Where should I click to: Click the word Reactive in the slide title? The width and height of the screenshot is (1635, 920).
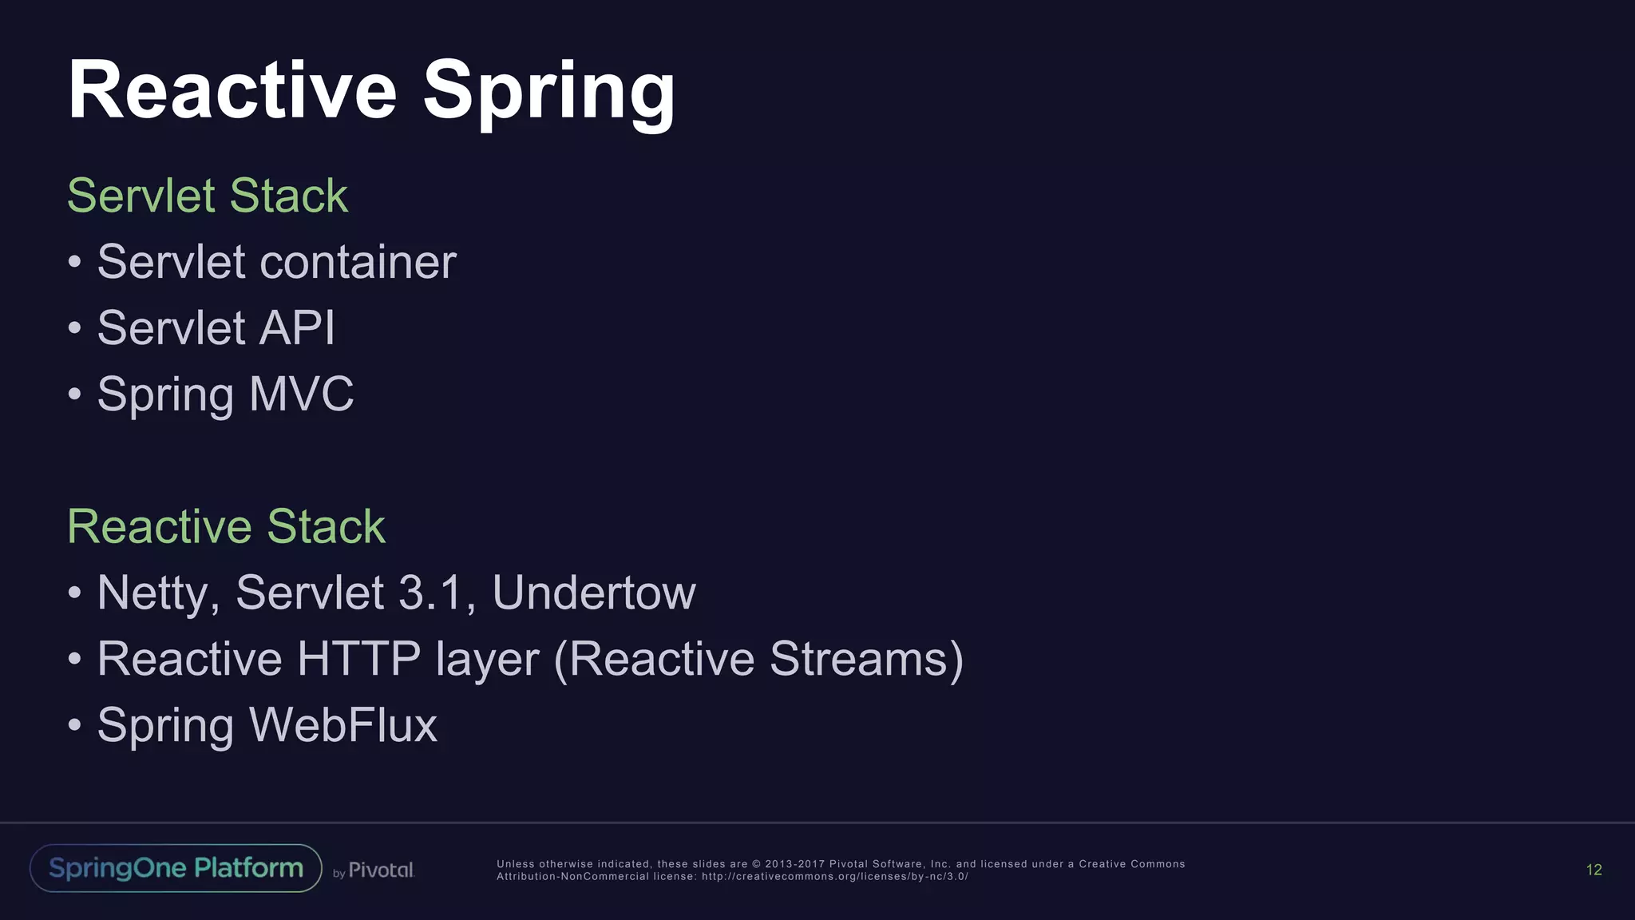[x=232, y=90]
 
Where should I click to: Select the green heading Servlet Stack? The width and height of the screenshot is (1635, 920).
[x=208, y=196]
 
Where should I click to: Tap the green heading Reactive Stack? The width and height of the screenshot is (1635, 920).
[x=226, y=526]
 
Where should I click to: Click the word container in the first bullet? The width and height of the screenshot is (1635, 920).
[x=358, y=262]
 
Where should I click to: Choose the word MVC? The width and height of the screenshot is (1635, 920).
[x=301, y=395]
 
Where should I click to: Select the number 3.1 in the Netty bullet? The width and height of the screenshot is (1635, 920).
[x=430, y=593]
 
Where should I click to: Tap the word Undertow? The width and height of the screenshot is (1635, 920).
[x=594, y=593]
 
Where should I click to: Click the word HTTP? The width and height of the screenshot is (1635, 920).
[x=358, y=659]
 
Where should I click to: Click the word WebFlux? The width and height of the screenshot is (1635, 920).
[x=343, y=725]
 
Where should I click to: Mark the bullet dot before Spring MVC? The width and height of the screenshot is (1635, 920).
[x=74, y=394]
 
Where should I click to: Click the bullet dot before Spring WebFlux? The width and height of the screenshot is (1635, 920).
[x=74, y=724]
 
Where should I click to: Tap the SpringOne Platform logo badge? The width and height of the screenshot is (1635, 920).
[x=176, y=868]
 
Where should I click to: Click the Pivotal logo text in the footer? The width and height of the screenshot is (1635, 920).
[x=381, y=870]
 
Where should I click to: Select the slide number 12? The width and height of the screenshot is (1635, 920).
[x=1593, y=870]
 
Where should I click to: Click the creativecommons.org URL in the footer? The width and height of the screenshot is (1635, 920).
[x=834, y=876]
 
